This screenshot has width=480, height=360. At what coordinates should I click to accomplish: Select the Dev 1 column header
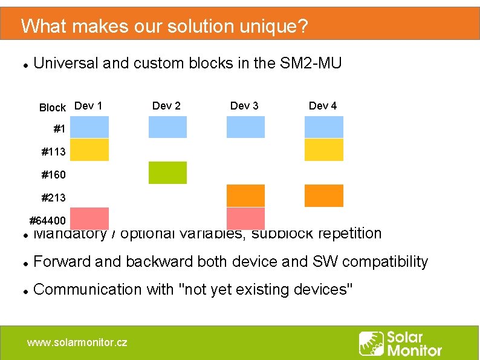(x=88, y=106)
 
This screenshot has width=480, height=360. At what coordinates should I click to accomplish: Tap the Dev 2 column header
(x=166, y=106)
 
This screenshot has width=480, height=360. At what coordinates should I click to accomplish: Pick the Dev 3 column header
(x=244, y=106)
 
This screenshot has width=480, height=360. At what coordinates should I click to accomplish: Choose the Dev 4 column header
(x=323, y=106)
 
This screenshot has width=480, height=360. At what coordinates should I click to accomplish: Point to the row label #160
(x=53, y=175)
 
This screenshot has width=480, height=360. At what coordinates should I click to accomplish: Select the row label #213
(x=53, y=197)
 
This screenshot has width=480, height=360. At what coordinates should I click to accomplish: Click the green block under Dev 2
(x=167, y=172)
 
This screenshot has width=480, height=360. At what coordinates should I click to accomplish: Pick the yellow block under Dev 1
(x=89, y=149)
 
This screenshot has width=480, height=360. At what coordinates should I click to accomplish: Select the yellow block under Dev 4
(x=323, y=149)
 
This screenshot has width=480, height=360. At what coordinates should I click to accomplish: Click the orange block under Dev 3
(x=245, y=195)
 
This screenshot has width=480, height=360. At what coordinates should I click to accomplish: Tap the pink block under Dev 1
(x=89, y=218)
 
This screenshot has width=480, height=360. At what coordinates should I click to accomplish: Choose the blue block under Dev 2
(x=167, y=127)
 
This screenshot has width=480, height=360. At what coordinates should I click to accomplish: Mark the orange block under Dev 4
(x=323, y=195)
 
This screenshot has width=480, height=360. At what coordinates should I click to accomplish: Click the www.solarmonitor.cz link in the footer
(x=77, y=342)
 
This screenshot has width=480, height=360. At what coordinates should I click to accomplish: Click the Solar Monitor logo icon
(x=371, y=343)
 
